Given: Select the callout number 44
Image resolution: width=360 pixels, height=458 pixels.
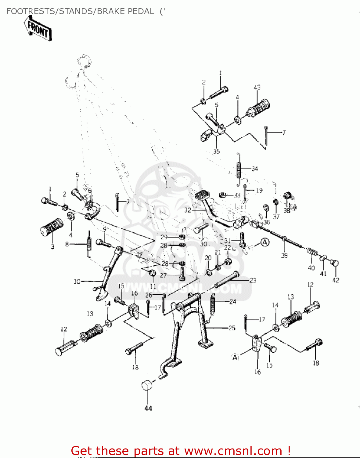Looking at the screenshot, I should pyautogui.click(x=148, y=408).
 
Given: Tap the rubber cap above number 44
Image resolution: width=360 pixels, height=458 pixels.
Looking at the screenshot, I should pyautogui.click(x=147, y=385).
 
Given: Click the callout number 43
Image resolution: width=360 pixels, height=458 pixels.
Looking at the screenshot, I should pyautogui.click(x=257, y=87).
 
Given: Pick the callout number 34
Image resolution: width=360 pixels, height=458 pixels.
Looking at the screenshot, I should pyautogui.click(x=255, y=169).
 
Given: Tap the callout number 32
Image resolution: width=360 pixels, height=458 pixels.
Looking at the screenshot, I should pyautogui.click(x=188, y=210).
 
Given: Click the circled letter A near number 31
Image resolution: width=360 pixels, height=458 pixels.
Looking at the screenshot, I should pyautogui.click(x=265, y=243).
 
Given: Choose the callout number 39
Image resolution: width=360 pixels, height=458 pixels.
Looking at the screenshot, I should pyautogui.click(x=284, y=255).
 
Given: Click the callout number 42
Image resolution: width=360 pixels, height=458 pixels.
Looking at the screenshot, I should pyautogui.click(x=336, y=280).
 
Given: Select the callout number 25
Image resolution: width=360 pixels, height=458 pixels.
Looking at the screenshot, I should pyautogui.click(x=232, y=328).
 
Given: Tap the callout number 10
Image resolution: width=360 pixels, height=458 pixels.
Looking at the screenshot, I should pyautogui.click(x=77, y=281).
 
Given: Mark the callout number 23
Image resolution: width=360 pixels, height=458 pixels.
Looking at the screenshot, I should pyautogui.click(x=253, y=280).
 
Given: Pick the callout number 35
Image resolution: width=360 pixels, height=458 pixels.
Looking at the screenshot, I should pyautogui.click(x=216, y=151).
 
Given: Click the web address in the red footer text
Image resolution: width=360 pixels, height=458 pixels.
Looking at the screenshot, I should pyautogui.click(x=233, y=451).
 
